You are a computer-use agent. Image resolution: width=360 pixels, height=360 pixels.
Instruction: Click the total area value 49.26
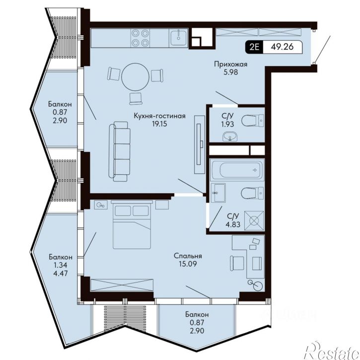pyautogui.click(x=282, y=47)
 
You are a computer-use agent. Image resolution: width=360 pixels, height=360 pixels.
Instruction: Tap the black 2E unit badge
pyautogui.click(x=254, y=47)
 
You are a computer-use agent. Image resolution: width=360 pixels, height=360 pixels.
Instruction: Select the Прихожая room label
pyautogui.click(x=231, y=64)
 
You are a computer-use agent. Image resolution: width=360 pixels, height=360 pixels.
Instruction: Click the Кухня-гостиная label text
pyautogui.click(x=159, y=116)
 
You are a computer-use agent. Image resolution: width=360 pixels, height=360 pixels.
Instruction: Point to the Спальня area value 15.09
pyautogui.click(x=188, y=264)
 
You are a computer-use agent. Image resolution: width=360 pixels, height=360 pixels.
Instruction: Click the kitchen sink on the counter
pyautogui.click(x=178, y=38)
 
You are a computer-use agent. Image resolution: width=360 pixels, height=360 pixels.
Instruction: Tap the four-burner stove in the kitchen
pyautogui.click(x=140, y=38)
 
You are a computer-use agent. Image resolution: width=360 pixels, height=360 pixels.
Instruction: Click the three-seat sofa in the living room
pyautogui.click(x=119, y=151)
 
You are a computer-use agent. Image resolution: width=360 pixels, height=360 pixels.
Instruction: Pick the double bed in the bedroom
pyautogui.click(x=132, y=224)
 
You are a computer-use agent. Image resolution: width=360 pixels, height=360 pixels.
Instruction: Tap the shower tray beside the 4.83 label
pyautogui.click(x=254, y=220)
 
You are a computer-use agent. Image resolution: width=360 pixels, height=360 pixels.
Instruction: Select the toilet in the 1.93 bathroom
pyautogui.click(x=253, y=121)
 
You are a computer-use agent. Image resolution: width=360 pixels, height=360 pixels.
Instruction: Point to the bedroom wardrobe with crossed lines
pyautogui.click(x=122, y=285)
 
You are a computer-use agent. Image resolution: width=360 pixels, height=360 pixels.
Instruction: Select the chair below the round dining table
pyautogui.click(x=136, y=99)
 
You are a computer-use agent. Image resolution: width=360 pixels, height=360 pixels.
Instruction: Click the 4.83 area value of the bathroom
pyautogui.click(x=233, y=224)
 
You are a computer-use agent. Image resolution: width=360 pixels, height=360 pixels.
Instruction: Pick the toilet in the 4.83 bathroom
pyautogui.click(x=253, y=193)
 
